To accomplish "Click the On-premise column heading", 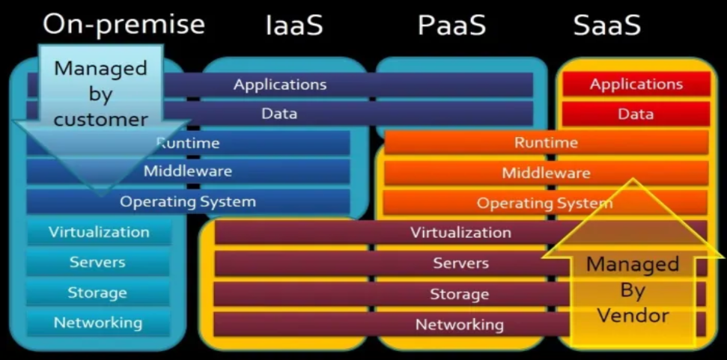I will (x=124, y=25).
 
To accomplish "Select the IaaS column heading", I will (x=294, y=25).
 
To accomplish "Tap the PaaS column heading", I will (x=451, y=25).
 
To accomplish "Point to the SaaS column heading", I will (x=607, y=25).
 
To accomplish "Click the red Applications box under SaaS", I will (x=636, y=85).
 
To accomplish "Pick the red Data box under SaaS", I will (x=636, y=115).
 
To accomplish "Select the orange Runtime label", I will (x=546, y=142).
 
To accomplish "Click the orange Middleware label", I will (x=546, y=174).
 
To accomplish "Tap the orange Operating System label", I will (x=544, y=203).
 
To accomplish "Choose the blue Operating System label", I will (x=188, y=201).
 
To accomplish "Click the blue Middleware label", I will (x=188, y=171).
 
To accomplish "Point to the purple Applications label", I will (x=280, y=85).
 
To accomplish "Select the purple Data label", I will (x=279, y=114).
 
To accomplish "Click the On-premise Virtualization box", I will (x=99, y=232).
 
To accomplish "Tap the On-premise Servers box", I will (x=97, y=262).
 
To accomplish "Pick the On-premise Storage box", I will (x=97, y=293).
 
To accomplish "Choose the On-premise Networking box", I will (x=97, y=323).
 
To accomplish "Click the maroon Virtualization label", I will (x=460, y=232).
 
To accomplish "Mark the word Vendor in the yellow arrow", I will (x=633, y=315).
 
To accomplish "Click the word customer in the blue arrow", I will (x=100, y=120).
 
